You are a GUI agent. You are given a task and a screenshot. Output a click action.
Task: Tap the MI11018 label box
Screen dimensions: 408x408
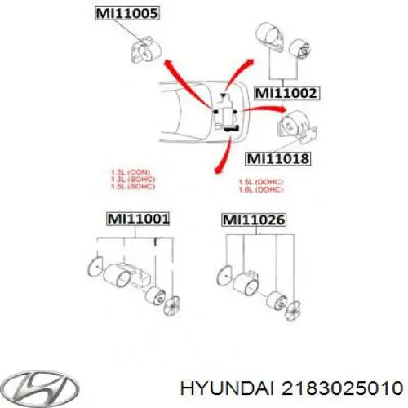[x=277, y=159]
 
